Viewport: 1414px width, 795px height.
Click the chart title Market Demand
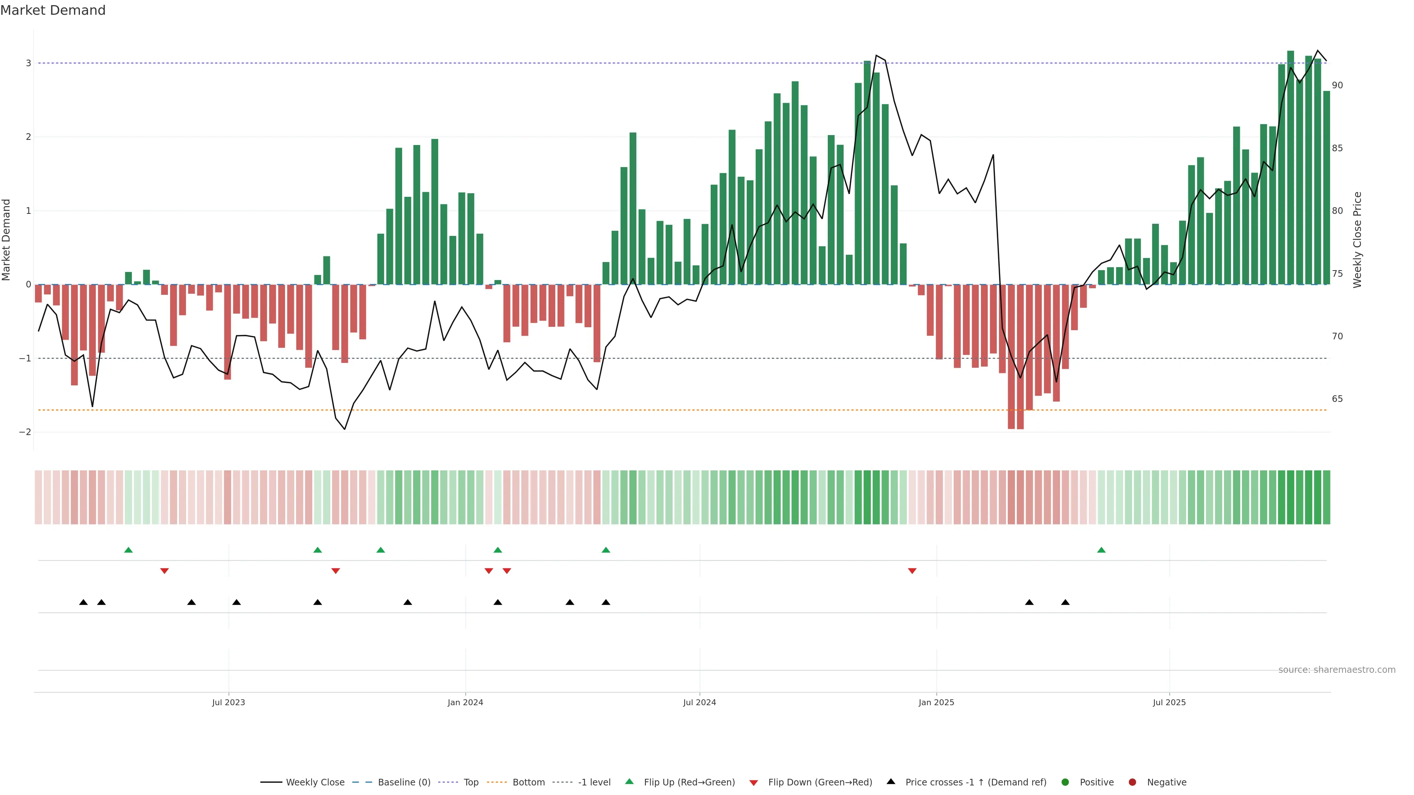[53, 10]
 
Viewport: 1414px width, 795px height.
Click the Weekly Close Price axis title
[1357, 240]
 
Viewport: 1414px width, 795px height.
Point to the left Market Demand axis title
[7, 240]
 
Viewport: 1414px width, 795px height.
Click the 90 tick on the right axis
[1337, 86]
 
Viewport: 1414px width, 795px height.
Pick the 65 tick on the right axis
[1337, 399]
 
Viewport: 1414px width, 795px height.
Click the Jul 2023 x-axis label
[228, 702]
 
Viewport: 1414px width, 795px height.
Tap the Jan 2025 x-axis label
[936, 702]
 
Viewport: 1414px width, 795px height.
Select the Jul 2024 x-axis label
[699, 702]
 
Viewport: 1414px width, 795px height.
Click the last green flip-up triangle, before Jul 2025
[1101, 550]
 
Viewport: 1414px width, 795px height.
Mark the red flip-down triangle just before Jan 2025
[912, 571]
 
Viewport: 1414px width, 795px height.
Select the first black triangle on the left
[84, 603]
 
